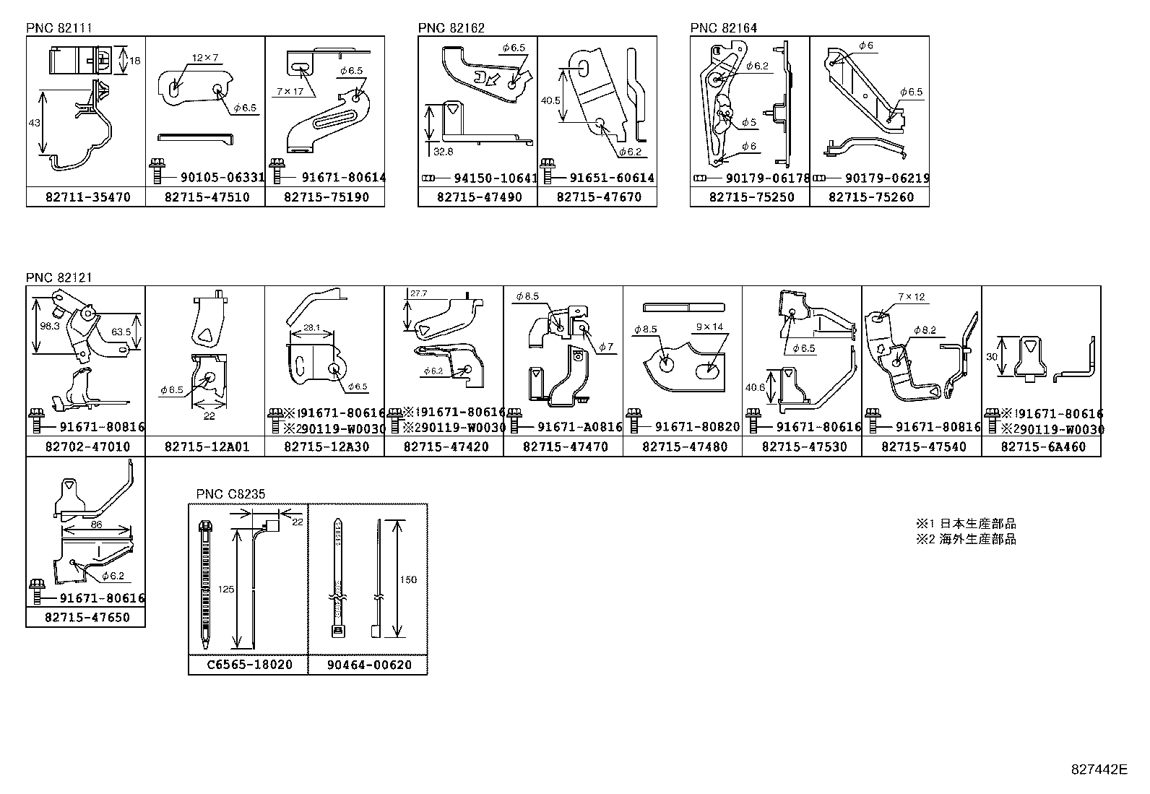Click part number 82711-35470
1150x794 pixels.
click(x=86, y=197)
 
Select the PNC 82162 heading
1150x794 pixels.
click(x=451, y=28)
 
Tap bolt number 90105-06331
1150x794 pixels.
click(x=215, y=178)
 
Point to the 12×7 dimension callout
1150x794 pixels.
click(x=205, y=57)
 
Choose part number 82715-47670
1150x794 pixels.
click(x=597, y=197)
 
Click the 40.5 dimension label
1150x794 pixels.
click(x=550, y=100)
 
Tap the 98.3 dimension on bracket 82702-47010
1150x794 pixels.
click(x=50, y=327)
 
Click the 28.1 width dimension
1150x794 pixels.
click(x=311, y=327)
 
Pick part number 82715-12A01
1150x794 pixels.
click(x=205, y=446)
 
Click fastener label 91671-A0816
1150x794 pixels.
click(x=579, y=427)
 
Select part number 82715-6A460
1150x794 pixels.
click(x=1042, y=446)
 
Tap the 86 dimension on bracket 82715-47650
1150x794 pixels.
click(x=96, y=526)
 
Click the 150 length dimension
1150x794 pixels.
click(x=408, y=579)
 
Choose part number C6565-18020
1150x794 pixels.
click(x=248, y=665)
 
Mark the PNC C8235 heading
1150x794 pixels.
click(x=230, y=494)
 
